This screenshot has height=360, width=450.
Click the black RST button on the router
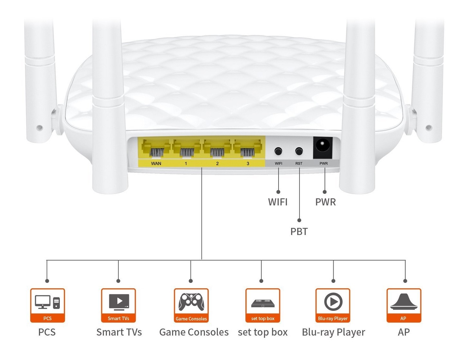coord(299,151)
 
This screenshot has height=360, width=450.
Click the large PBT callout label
coord(299,231)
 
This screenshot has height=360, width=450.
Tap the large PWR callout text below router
coord(326,202)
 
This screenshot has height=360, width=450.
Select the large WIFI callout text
coord(278,202)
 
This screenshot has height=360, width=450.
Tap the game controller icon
coord(191,302)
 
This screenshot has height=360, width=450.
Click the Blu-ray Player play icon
coord(333,302)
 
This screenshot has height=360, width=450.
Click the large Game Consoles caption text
coord(194,332)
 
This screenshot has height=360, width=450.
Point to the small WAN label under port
coord(156,164)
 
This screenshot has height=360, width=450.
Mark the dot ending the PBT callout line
coord(299,220)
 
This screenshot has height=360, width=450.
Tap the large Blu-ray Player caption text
coord(334,332)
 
